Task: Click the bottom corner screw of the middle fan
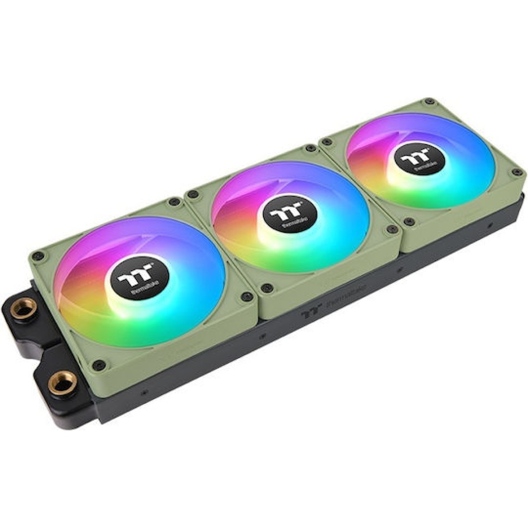click(265, 289)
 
